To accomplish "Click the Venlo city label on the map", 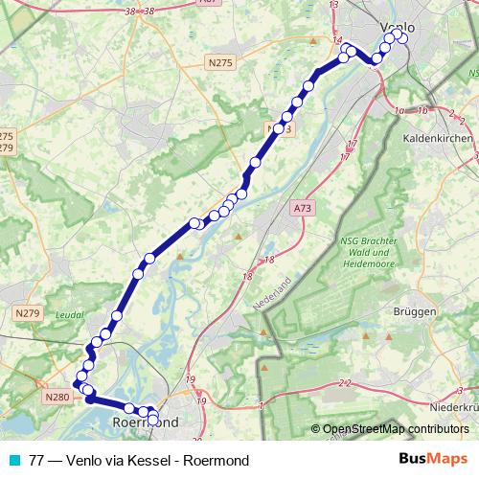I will point(398,27).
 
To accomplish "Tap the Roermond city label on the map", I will point(146,422).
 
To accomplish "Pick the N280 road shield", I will point(57,396).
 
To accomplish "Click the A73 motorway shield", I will point(303,207).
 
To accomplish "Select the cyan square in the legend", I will point(13,460).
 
